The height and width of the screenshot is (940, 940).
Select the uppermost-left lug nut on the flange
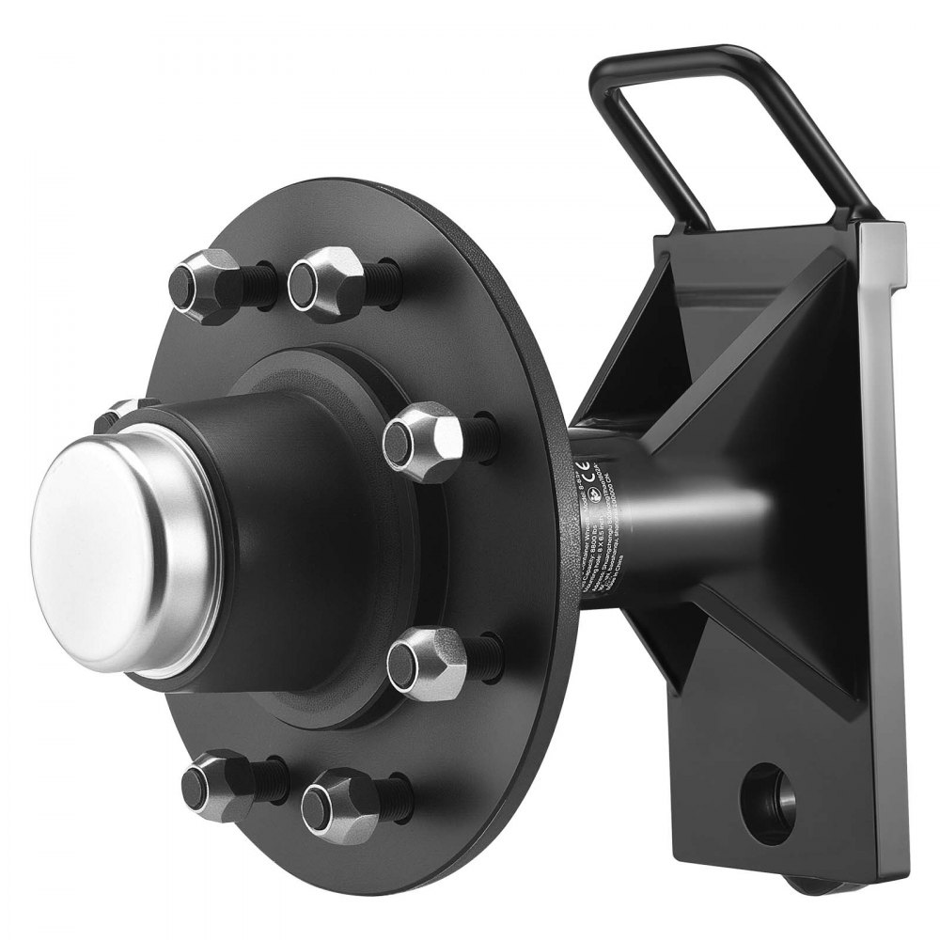point(202,284)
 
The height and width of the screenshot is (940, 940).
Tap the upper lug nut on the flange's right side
point(423,440)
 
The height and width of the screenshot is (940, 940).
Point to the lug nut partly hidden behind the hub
point(117,414)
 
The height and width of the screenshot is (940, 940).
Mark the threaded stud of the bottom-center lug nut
point(395,794)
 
